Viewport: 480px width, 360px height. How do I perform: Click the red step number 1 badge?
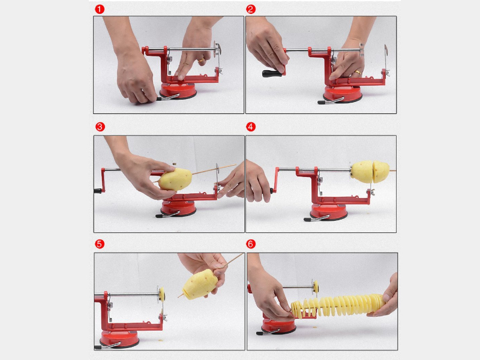click(x=100, y=9)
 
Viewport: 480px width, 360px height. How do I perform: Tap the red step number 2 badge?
click(x=251, y=9)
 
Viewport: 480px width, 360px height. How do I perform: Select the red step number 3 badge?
click(x=100, y=127)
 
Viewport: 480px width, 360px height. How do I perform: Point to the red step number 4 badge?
click(x=251, y=127)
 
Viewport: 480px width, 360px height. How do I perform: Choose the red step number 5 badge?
click(x=100, y=244)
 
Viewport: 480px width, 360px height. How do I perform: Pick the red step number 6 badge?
click(x=251, y=244)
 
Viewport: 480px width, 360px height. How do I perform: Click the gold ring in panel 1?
click(x=202, y=61)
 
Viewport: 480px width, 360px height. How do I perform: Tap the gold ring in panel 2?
click(x=358, y=73)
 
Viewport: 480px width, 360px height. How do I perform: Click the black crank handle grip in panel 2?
click(x=271, y=73)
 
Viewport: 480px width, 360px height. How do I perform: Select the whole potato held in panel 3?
click(x=175, y=179)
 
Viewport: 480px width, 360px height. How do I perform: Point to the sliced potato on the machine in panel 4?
click(x=370, y=172)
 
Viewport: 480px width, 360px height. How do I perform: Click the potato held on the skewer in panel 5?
click(x=200, y=284)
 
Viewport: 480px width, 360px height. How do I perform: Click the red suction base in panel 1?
click(x=178, y=91)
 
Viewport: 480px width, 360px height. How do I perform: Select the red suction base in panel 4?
click(x=329, y=212)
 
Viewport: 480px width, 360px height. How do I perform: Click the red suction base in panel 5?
click(x=119, y=338)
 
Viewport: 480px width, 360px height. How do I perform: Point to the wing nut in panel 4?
click(x=371, y=192)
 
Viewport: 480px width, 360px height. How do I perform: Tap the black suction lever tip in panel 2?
click(x=320, y=103)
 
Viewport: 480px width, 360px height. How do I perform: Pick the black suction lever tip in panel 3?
click(x=159, y=216)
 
